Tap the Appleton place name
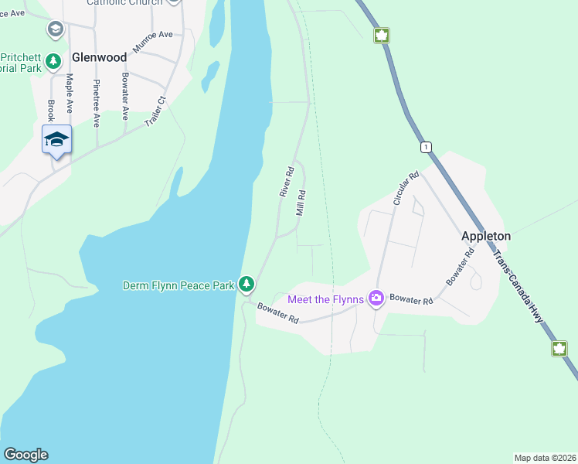(x=486, y=236)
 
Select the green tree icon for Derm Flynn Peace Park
(x=246, y=285)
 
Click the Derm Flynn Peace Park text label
(x=178, y=285)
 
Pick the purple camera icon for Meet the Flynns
(x=376, y=298)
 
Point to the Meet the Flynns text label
(x=326, y=299)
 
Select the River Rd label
(x=287, y=181)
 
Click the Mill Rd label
(x=301, y=203)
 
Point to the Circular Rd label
(x=405, y=188)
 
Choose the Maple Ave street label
(x=70, y=92)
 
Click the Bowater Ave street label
(x=124, y=97)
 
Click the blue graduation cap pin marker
(x=56, y=140)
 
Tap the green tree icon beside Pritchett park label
(x=53, y=60)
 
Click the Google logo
(x=25, y=455)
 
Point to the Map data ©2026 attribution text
(x=544, y=457)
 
